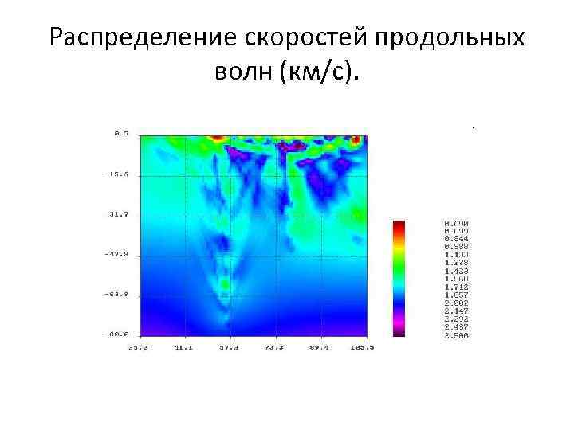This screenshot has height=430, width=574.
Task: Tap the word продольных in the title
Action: click(x=450, y=38)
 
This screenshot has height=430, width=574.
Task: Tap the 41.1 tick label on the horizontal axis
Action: click(x=183, y=347)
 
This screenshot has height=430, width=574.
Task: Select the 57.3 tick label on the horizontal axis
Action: click(x=229, y=347)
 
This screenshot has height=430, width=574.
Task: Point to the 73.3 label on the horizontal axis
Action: click(x=274, y=347)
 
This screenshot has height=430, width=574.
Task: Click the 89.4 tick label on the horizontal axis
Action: click(x=320, y=347)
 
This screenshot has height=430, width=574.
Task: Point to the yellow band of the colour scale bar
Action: click(x=399, y=246)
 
